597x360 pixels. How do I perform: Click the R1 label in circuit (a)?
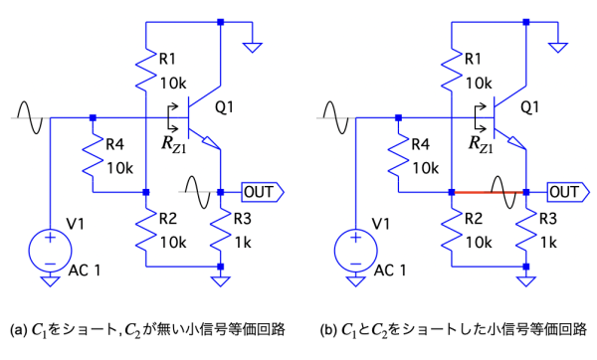167,59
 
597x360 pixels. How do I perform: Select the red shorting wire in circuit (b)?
489,193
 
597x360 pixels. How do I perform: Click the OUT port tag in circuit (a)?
263,192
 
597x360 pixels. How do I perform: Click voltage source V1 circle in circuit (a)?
50,251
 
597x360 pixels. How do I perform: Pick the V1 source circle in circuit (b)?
355,251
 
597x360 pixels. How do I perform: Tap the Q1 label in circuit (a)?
224,107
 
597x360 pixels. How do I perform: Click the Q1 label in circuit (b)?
530,107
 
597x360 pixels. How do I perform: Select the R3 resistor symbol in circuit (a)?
221,230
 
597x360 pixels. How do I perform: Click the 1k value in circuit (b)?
548,243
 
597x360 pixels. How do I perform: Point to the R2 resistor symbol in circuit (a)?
146,230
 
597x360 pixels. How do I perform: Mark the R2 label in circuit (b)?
474,219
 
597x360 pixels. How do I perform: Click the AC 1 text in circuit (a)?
85,270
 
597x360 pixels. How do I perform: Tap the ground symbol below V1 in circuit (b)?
355,281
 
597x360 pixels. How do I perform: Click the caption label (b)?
328,330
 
